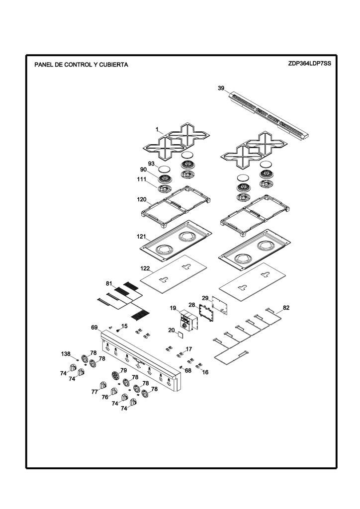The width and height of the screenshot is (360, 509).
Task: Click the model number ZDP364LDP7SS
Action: [309, 63]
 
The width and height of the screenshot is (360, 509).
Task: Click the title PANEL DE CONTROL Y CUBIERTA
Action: [81, 65]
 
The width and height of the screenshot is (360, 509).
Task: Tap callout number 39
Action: [221, 88]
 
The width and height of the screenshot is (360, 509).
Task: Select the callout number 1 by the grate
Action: [157, 130]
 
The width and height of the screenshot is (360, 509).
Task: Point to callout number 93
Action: [151, 164]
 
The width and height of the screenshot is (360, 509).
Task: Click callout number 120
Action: [142, 200]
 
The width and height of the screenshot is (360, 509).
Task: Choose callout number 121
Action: [142, 237]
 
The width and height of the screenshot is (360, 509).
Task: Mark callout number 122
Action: [145, 268]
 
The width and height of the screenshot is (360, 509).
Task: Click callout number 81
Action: [109, 284]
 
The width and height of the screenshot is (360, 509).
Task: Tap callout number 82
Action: [286, 308]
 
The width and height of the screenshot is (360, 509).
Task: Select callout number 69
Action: [94, 328]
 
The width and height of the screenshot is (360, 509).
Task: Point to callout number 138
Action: [66, 354]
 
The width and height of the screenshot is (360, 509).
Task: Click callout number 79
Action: [123, 370]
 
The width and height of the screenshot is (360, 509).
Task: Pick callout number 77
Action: [94, 392]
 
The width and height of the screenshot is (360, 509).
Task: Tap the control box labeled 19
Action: [188, 320]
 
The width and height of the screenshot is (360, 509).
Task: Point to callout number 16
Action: [205, 372]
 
